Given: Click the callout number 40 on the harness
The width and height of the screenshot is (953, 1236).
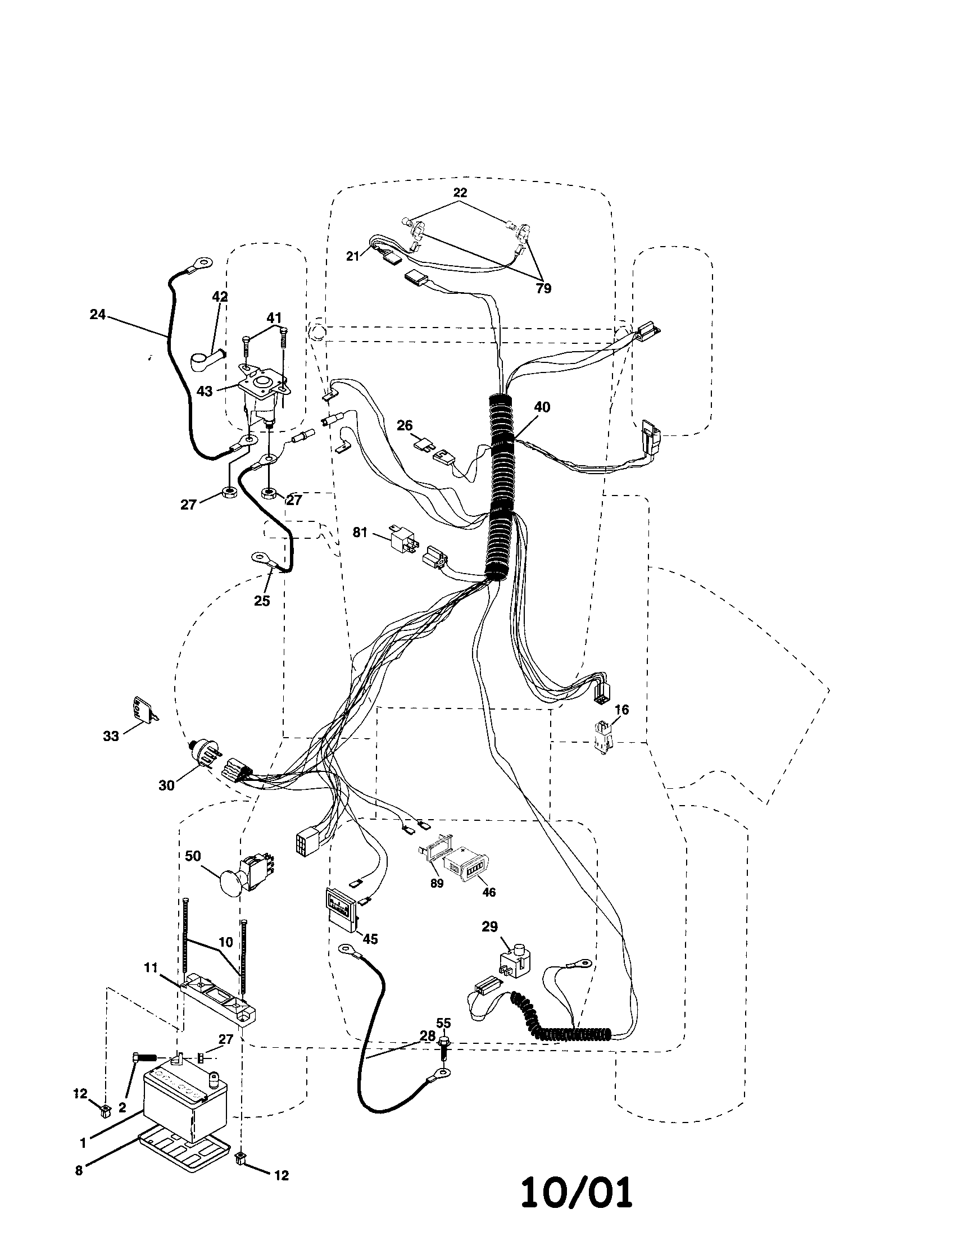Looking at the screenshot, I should coord(542,407).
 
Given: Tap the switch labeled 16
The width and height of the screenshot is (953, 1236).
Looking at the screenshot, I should coord(602,736).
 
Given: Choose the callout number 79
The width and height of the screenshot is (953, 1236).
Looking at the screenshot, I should coord(543,289).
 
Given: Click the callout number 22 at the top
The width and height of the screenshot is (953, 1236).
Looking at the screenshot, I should coord(460,192).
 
